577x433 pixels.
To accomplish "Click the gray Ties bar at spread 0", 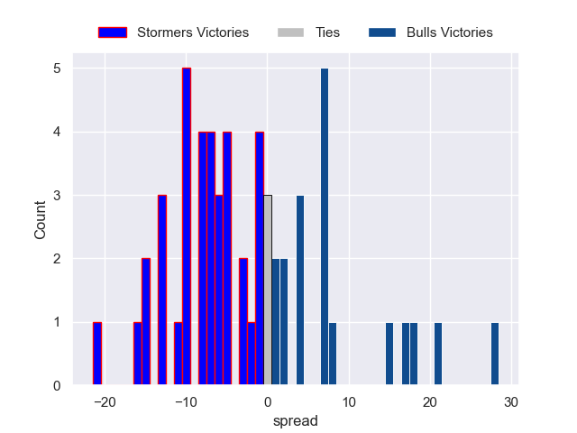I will (268, 290).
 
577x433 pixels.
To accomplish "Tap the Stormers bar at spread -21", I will (97, 354).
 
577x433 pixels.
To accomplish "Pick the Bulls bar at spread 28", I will (495, 354).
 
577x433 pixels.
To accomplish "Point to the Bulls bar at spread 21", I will (438, 354).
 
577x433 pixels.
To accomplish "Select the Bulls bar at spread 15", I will (389, 354).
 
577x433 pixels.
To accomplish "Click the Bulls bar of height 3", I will (300, 290).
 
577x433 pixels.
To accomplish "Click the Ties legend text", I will (327, 32).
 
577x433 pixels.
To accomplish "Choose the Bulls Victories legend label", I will (449, 32).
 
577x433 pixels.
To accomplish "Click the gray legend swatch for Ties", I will (291, 32).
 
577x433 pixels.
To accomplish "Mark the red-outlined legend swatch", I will (113, 32).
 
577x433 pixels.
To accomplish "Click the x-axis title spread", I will (296, 420).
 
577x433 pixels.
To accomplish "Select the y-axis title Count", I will (41, 220).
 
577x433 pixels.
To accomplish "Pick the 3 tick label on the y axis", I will (56, 196).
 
